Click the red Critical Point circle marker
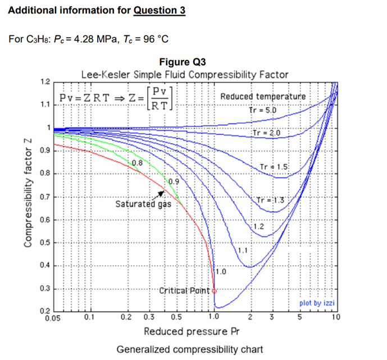tap(215, 291)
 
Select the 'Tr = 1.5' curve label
tap(274, 167)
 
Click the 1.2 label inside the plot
tap(258, 226)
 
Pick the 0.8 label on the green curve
tap(137, 163)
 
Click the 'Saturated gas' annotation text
tap(143, 204)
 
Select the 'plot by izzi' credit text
tap(317, 303)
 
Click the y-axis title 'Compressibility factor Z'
tap(26, 192)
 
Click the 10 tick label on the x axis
tap(335, 316)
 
